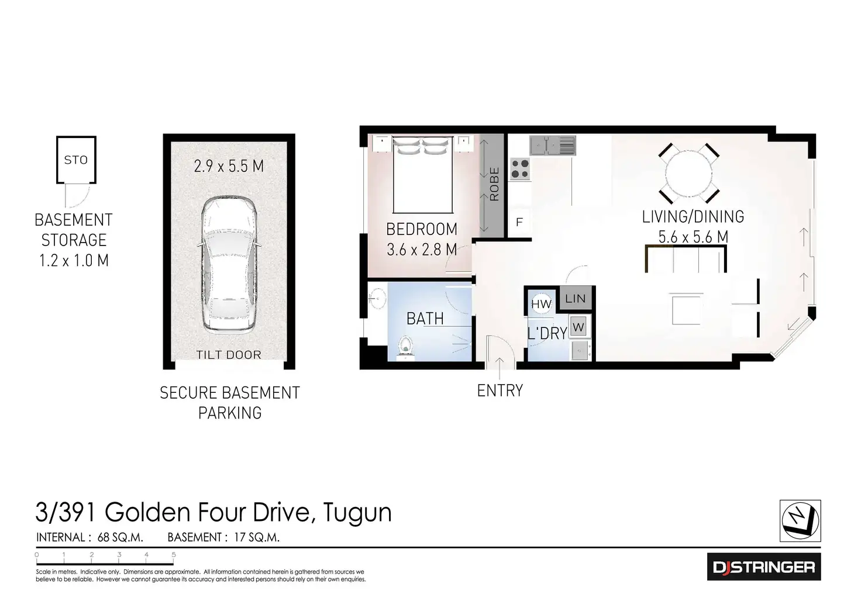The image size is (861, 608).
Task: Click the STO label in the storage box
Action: click(x=75, y=160)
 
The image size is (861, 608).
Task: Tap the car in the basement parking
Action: click(x=229, y=264)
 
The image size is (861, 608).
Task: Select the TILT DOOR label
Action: click(x=229, y=354)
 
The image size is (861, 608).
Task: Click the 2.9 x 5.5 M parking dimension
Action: click(x=229, y=166)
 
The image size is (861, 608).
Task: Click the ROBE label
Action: click(x=494, y=184)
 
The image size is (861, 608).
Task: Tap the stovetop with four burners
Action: click(x=520, y=169)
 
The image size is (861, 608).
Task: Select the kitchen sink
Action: click(x=553, y=145)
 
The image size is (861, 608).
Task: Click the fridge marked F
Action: click(x=519, y=222)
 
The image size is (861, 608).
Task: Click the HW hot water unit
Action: click(x=541, y=303)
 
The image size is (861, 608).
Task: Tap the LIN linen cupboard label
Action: click(x=576, y=299)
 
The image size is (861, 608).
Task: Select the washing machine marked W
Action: click(x=578, y=327)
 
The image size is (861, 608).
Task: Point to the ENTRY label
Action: click(x=500, y=391)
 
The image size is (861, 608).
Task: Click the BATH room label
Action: click(x=425, y=319)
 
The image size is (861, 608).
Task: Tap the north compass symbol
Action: click(x=800, y=520)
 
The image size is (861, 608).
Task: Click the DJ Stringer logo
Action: click(x=764, y=566)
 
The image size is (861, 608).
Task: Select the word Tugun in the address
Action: click(x=357, y=512)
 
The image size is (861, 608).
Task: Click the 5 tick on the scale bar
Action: click(x=174, y=555)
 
